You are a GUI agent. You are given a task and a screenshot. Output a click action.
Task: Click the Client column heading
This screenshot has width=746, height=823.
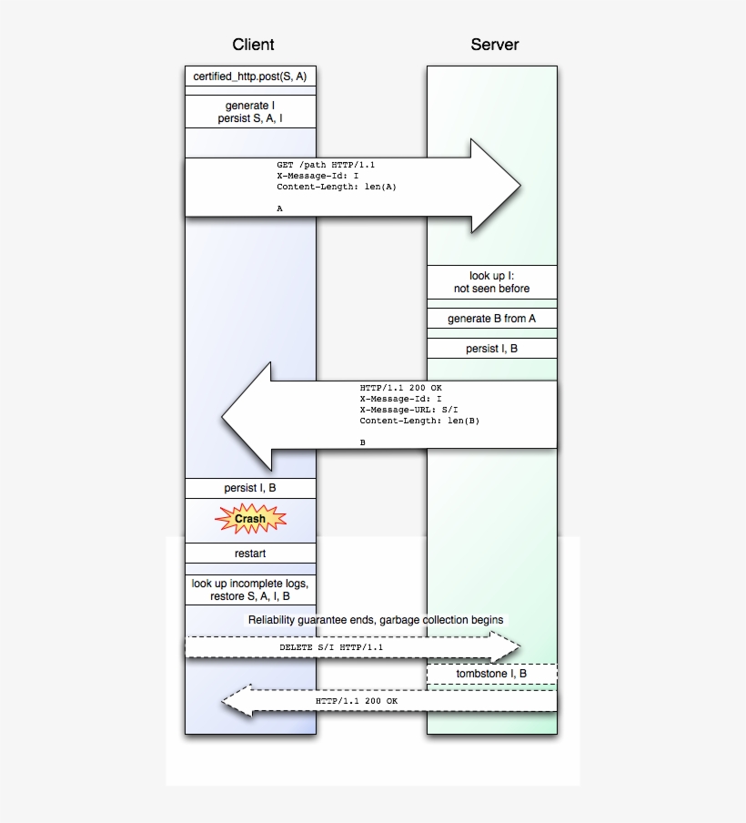[x=252, y=45]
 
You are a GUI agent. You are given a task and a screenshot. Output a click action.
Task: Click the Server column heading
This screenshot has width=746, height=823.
[x=494, y=45]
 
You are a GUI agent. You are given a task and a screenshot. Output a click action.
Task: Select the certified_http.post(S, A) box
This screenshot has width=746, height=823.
[x=250, y=76]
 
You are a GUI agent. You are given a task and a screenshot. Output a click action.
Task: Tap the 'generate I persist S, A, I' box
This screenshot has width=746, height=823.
[x=250, y=113]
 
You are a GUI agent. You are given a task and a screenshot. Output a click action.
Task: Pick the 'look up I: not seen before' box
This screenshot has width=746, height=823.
[x=491, y=282]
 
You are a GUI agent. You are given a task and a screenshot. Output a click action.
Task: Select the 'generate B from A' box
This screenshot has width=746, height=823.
[x=491, y=319]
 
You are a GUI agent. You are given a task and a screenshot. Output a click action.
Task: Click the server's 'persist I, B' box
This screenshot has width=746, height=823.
[x=491, y=349]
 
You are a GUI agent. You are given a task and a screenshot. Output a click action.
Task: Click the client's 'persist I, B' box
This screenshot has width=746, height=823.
[x=250, y=488]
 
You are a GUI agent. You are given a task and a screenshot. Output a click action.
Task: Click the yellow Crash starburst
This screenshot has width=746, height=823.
[x=250, y=519]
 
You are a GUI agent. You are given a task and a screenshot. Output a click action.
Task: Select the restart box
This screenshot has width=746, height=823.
[x=250, y=553]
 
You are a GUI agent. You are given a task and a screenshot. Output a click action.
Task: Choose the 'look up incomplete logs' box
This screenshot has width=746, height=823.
[x=250, y=590]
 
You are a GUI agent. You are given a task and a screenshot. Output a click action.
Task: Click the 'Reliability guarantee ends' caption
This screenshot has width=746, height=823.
[x=376, y=619]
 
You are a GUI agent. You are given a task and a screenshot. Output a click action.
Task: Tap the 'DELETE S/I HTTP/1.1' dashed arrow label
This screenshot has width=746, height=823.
[x=331, y=647]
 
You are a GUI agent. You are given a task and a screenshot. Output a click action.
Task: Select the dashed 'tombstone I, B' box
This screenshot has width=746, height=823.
[x=491, y=674]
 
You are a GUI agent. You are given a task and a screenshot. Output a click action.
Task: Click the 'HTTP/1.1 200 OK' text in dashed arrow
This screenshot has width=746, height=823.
[x=357, y=701]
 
